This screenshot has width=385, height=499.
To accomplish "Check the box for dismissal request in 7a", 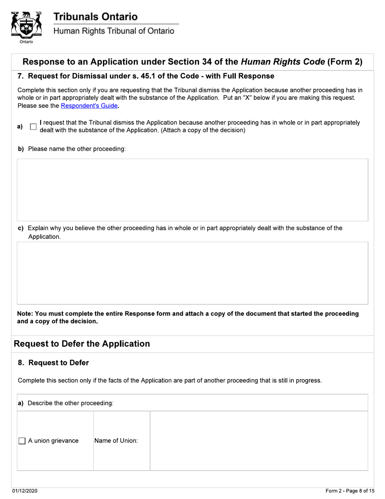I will [x=34, y=127].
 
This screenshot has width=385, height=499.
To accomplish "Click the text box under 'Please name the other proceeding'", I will [x=192, y=189].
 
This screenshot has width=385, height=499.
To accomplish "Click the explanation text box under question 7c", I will [x=192, y=273].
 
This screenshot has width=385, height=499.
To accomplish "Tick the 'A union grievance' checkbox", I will [x=23, y=441].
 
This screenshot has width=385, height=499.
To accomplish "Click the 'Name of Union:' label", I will [x=116, y=441].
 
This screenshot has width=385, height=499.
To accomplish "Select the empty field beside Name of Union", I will [x=259, y=441].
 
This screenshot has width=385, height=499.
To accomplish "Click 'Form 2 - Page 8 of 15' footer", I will [x=350, y=491].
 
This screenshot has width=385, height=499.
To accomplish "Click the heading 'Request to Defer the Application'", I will [x=82, y=344].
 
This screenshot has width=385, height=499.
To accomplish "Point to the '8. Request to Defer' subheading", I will [x=53, y=363].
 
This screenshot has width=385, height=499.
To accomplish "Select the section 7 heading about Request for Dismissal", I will [x=146, y=76].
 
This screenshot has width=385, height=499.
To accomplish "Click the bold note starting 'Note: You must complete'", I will [x=188, y=317].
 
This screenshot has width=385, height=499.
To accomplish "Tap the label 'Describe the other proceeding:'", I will [x=70, y=403].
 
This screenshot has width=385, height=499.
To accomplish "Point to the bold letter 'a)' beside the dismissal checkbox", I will [x=20, y=127].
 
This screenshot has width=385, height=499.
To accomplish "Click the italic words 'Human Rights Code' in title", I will [x=282, y=62].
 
